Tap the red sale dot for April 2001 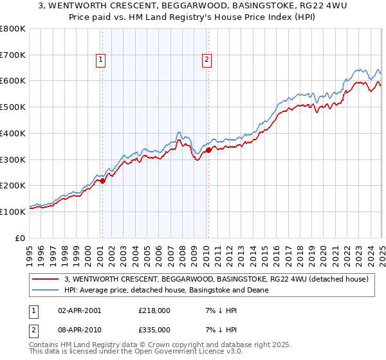point(103,181)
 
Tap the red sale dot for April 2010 point(208,150)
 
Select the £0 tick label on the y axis point(19,238)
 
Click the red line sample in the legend point(46,279)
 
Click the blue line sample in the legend point(46,290)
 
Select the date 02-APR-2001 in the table point(79,310)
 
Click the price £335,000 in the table point(154,330)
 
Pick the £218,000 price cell point(154,310)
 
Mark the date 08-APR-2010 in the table point(79,330)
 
